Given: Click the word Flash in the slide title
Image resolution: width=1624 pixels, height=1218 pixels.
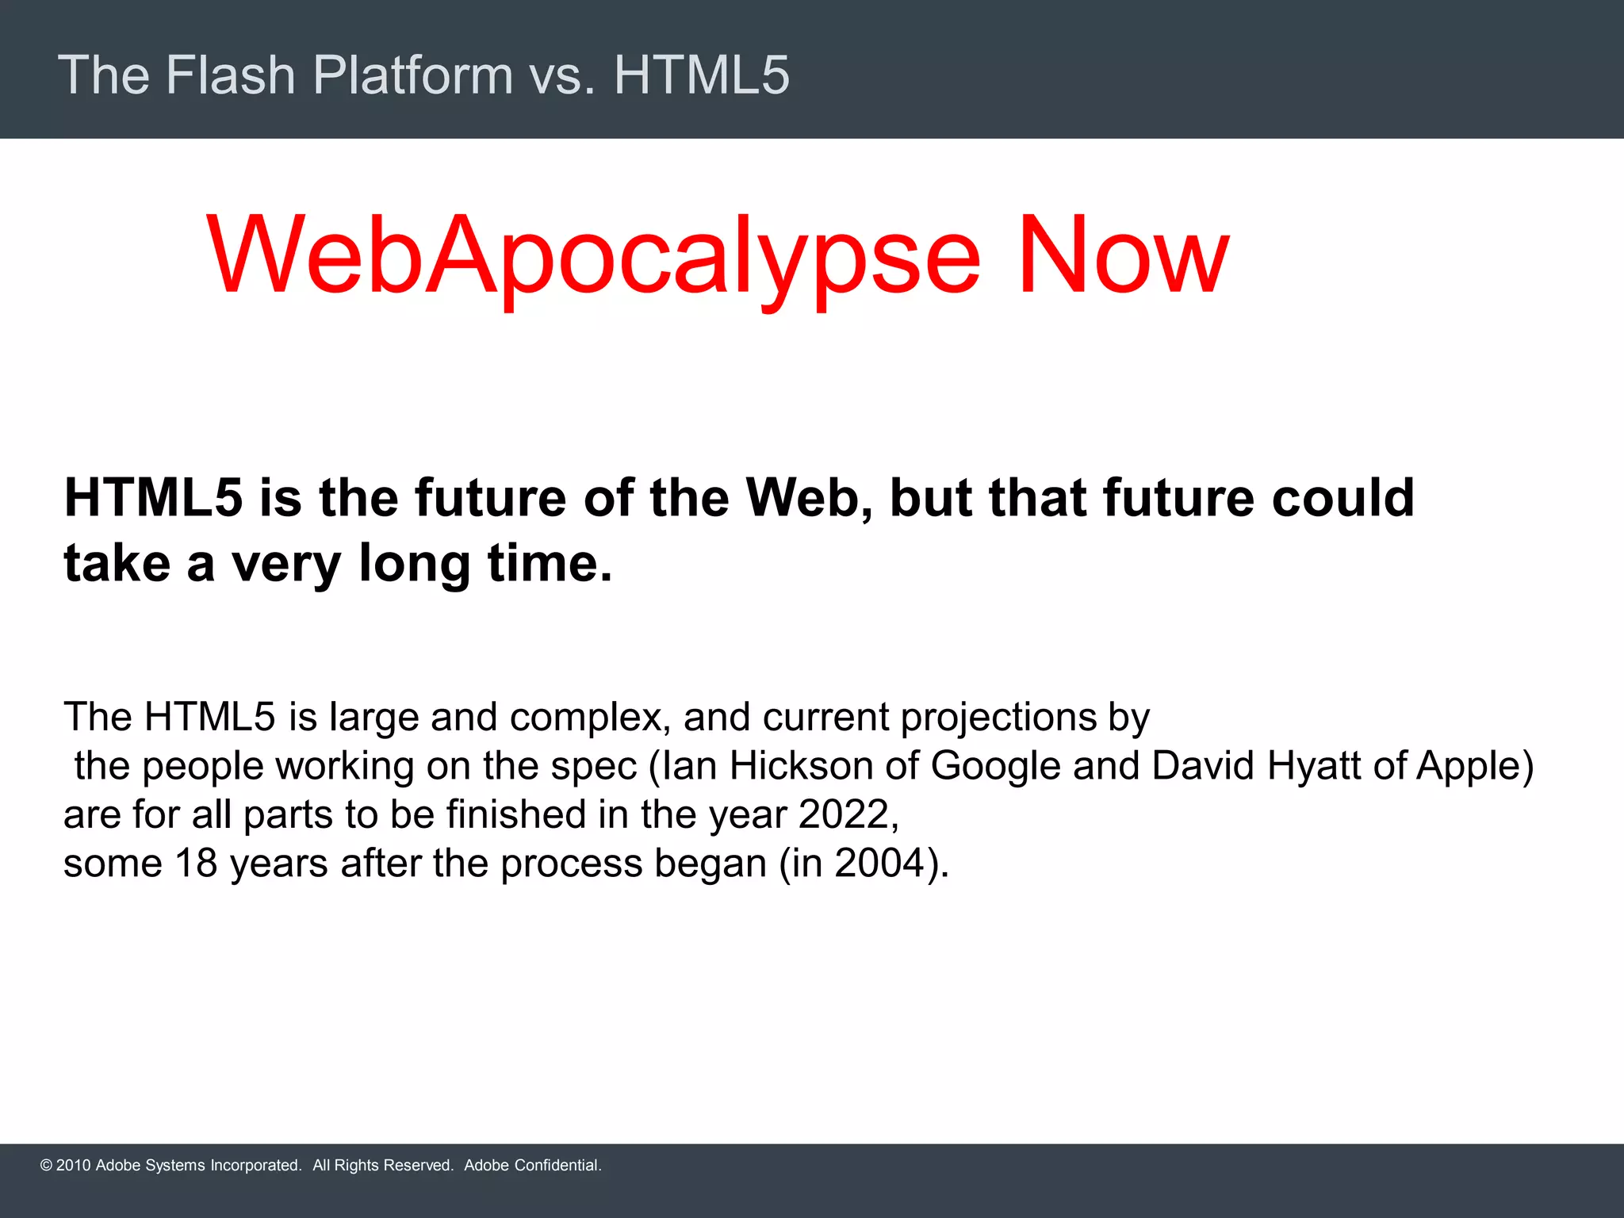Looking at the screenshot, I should coord(230,75).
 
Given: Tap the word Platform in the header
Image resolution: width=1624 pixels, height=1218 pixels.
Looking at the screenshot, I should coord(413,75).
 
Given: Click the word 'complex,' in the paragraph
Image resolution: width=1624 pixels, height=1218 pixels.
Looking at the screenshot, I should coord(590,717).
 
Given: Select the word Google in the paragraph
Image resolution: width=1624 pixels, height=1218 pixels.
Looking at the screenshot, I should coord(995,766).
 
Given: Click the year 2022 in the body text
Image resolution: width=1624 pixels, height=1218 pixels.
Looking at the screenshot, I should coord(844,814).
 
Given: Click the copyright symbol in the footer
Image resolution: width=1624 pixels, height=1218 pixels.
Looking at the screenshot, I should coord(46,1166).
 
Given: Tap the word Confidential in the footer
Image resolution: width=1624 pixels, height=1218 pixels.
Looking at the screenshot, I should coord(557,1166).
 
